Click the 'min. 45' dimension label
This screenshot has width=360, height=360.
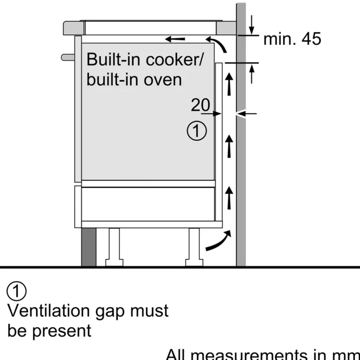[x=292, y=39]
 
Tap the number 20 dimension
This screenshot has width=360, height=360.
[x=200, y=105]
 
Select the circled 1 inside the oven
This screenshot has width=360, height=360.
[x=197, y=131]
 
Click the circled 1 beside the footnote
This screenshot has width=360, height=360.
[x=16, y=291]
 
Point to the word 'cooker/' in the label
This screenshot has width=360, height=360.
[x=174, y=59]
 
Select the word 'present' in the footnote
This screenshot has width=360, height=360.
[x=62, y=331]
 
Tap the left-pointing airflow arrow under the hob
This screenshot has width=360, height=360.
[x=175, y=39]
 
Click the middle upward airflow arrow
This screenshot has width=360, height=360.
[x=229, y=146]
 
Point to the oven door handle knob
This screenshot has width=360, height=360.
[x=68, y=57]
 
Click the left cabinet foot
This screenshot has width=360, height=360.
[x=114, y=247]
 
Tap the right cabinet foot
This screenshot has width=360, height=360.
[x=194, y=247]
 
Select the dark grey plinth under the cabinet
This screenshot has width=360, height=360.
[x=89, y=247]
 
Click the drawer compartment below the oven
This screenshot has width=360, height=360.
[x=148, y=204]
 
